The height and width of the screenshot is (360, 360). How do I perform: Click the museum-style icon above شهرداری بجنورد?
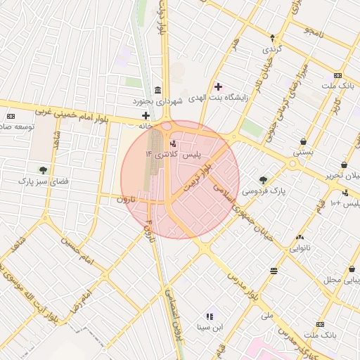156,91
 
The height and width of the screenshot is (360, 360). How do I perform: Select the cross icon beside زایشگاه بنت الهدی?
219,86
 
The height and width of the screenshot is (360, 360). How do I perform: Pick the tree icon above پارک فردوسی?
263,180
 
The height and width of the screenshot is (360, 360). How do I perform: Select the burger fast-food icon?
273,271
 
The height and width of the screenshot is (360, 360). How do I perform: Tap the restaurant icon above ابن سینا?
210,316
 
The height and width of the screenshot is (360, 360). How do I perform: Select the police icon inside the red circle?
174,144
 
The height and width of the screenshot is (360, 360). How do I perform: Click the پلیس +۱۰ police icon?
345,193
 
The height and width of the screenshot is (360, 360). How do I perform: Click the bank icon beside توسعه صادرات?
11,116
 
